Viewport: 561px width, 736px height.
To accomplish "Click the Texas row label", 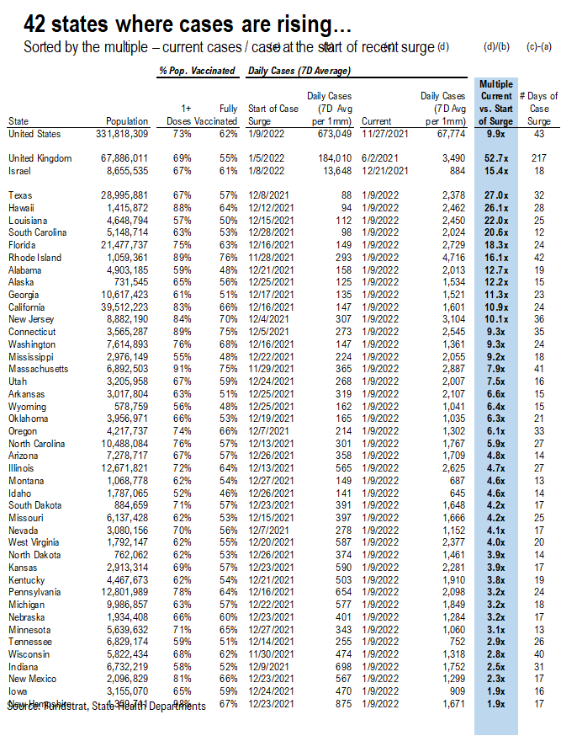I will (x=21, y=195).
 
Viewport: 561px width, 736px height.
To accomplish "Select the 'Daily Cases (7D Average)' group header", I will (x=299, y=72).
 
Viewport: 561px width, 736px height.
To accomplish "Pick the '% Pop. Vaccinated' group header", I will (x=197, y=72).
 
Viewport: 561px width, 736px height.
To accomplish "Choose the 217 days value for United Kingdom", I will (x=539, y=157).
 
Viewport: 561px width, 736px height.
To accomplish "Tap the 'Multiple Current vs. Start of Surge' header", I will (x=497, y=103).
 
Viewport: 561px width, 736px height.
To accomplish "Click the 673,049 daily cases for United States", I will (x=328, y=133).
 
